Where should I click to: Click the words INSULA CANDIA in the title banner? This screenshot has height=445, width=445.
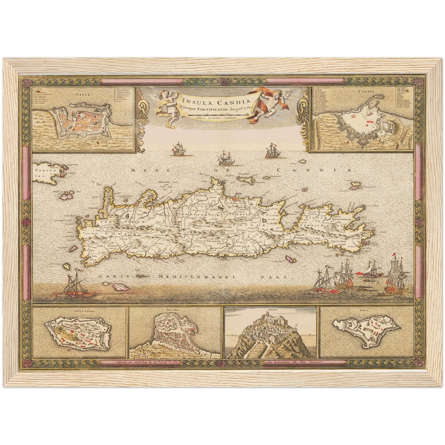[x=216, y=101]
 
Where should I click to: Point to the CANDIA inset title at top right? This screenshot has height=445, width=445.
[x=366, y=91]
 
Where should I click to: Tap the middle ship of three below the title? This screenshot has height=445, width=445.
[x=224, y=159]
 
